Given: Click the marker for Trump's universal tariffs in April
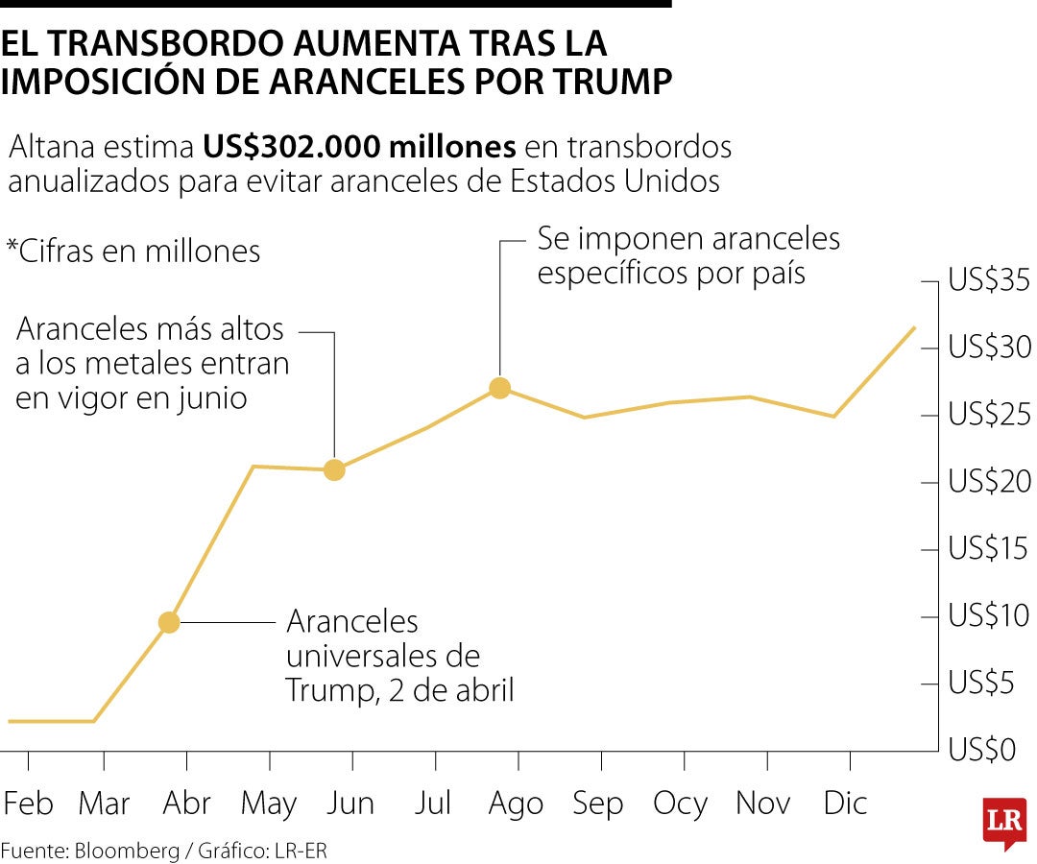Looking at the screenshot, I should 169,622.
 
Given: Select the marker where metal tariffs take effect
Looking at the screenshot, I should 334,469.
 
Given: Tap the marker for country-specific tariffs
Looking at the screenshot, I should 499,388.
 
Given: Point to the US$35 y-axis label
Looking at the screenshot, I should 989,281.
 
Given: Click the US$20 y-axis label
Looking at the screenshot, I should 989,482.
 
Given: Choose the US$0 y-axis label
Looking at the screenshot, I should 981,750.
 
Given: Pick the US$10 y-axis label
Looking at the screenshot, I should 989,616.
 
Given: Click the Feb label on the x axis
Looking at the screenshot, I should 29,804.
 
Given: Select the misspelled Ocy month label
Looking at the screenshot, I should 680,804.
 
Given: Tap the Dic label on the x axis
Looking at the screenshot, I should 845,803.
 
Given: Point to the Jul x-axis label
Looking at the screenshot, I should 433,804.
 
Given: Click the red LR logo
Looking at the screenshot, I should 1004,822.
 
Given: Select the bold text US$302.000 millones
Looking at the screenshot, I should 359,147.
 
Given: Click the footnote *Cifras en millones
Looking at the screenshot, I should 133,252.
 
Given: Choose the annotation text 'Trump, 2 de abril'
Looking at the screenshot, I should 399,690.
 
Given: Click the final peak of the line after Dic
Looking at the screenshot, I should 914,327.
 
